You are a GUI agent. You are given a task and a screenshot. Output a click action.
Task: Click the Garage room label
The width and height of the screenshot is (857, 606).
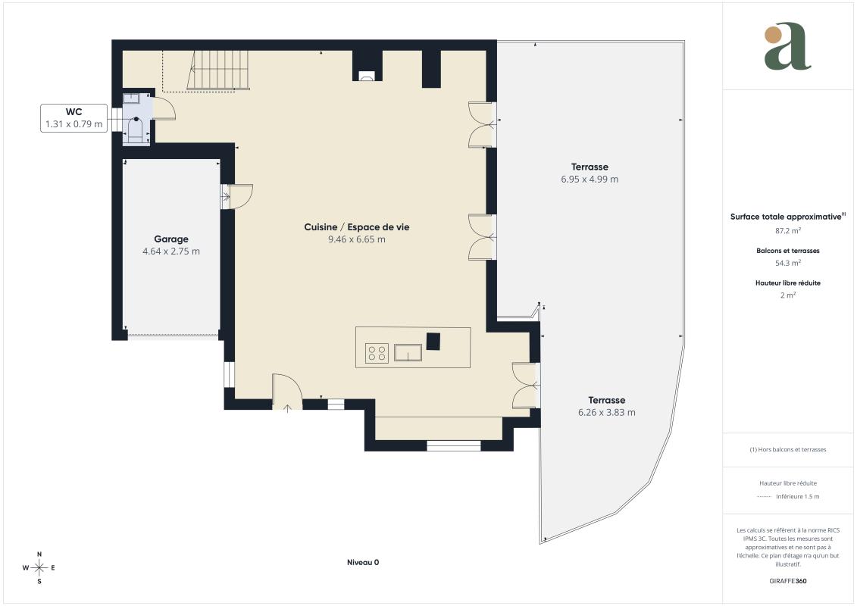coord(171,239)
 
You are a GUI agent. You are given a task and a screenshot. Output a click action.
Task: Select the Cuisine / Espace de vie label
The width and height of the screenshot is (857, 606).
coord(356,226)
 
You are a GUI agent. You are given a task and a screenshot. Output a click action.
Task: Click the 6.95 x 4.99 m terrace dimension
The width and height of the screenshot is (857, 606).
coord(590,180)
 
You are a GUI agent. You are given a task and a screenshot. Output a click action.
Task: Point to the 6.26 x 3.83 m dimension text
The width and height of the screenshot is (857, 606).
coord(607,413)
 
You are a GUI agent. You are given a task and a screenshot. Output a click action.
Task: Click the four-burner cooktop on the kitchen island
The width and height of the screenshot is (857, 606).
coord(377,353)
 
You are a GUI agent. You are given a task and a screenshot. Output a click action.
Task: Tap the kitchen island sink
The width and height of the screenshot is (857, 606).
coord(408,353)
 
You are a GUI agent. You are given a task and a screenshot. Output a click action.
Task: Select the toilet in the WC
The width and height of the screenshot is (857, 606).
coord(135,130)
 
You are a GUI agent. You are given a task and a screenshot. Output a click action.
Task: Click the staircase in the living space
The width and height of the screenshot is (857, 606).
coord(218,70)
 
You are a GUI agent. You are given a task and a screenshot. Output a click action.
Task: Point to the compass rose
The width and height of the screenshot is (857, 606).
coord(39,568)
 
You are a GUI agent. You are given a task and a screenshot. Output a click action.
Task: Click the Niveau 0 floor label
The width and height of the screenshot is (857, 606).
coord(363,562)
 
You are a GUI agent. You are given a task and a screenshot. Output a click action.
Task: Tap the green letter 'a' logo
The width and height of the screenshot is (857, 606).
coord(787,46)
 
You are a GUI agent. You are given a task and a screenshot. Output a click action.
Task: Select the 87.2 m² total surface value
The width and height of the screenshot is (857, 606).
coord(787,230)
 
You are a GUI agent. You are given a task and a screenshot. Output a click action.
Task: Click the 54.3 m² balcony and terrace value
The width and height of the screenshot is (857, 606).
coord(787,263)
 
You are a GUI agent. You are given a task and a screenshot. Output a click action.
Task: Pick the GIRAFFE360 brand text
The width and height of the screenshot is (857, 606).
coord(787,581)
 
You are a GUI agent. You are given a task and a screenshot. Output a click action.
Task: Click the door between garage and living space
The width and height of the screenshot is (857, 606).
coord(237,196)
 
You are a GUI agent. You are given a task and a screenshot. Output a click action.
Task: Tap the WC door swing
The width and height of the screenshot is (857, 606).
coord(164,108)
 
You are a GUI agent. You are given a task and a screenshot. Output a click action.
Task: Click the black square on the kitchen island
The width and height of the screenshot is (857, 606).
coord(433,341)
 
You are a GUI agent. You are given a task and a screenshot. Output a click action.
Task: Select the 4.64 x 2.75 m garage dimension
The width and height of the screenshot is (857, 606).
coord(171,251)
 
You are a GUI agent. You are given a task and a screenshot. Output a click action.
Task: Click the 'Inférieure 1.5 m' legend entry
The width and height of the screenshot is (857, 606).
coord(797,496)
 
